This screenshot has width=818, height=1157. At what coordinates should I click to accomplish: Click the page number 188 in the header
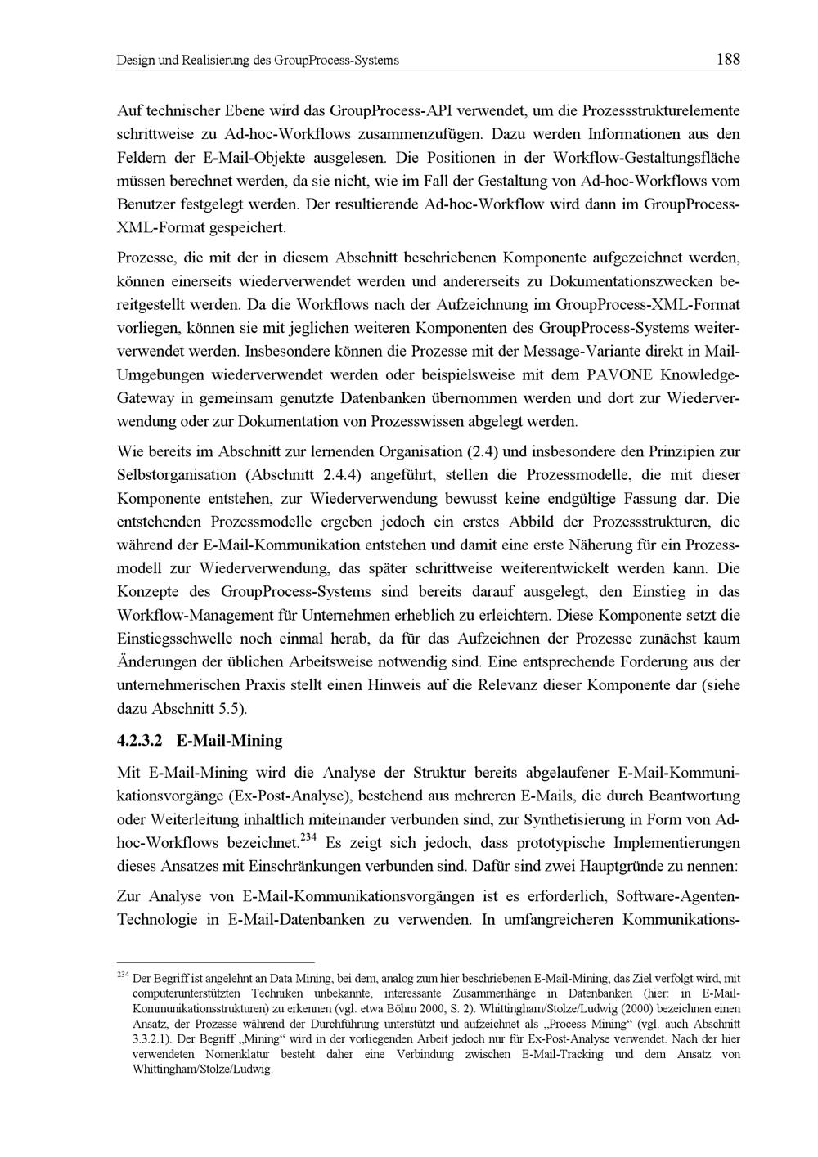pyautogui.click(x=727, y=60)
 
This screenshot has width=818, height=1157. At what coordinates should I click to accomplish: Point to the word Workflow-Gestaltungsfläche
pyautogui.click(x=647, y=156)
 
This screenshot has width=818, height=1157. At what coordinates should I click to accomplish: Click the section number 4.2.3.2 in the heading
pyautogui.click(x=141, y=741)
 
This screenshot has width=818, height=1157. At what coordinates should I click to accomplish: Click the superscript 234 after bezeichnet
pyautogui.click(x=308, y=837)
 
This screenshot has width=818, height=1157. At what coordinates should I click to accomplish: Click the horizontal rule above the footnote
pyautogui.click(x=216, y=962)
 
